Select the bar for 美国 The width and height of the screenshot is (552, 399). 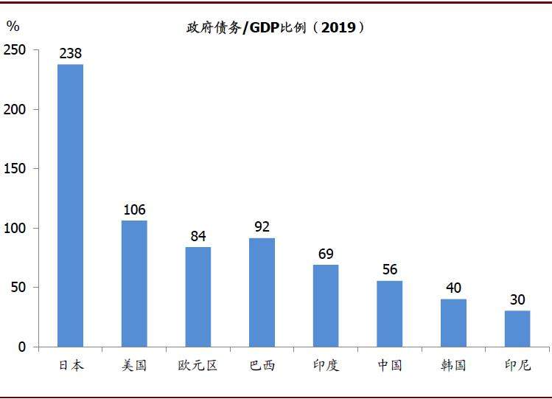[134, 283]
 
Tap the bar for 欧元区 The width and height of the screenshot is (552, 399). [198, 296]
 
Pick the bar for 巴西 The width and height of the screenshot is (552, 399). [262, 292]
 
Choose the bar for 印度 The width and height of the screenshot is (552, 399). [326, 305]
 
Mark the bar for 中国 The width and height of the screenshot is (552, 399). [390, 313]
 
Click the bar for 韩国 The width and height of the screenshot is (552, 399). [453, 322]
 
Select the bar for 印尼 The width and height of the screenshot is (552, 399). [517, 328]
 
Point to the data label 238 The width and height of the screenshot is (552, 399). [71, 54]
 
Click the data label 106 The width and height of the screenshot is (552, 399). [134, 210]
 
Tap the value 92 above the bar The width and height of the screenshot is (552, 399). [262, 227]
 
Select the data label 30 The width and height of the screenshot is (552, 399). [517, 300]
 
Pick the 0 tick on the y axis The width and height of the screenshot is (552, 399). [22, 347]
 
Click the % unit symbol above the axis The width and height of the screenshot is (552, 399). [13, 27]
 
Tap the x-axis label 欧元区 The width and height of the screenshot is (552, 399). [198, 365]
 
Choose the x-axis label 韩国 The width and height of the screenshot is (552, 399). [453, 365]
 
